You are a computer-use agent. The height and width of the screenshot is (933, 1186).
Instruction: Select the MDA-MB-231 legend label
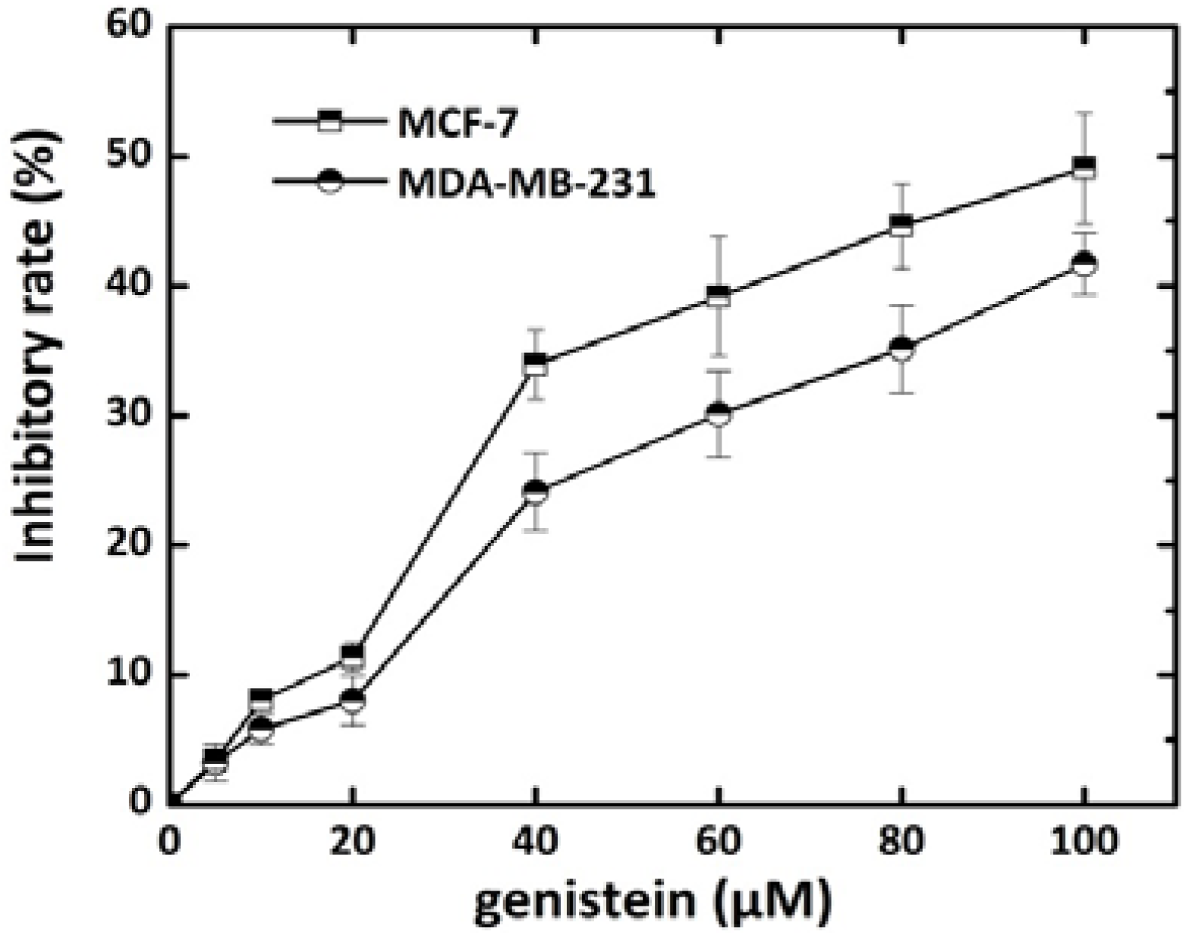526,184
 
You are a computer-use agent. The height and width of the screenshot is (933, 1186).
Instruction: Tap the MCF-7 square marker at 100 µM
1085,168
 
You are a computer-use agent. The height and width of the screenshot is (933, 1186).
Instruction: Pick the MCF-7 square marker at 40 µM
536,364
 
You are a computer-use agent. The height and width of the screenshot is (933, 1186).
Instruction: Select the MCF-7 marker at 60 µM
718,296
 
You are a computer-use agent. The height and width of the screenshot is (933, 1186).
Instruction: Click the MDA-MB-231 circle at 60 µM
718,414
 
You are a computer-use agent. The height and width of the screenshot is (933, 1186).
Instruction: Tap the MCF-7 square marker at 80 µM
901,226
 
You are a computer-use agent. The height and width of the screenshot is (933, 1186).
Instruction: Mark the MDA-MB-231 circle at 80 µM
901,348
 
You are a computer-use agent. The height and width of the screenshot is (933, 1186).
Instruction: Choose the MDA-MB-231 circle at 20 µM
353,700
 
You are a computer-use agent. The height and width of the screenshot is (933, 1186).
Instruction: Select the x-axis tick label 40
536,842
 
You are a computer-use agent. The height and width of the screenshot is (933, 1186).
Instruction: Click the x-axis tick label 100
1084,842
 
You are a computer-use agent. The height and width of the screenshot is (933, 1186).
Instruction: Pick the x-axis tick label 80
901,842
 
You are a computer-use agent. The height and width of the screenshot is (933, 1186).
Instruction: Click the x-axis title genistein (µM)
655,901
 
